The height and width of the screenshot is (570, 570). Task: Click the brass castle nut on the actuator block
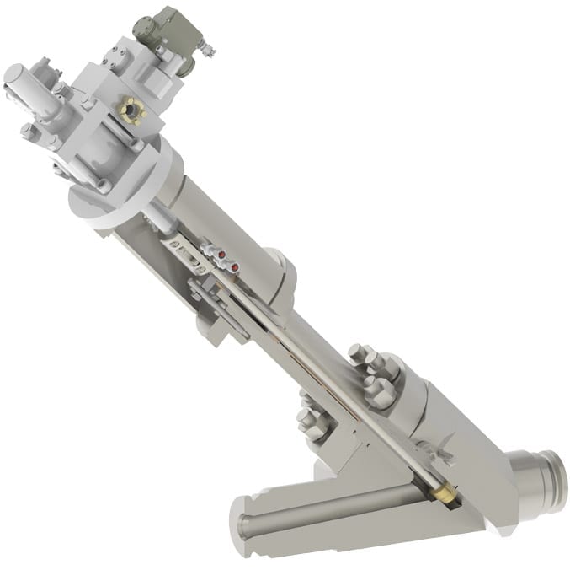pos(132,110)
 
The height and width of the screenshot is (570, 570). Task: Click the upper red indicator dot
pos(221,252)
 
